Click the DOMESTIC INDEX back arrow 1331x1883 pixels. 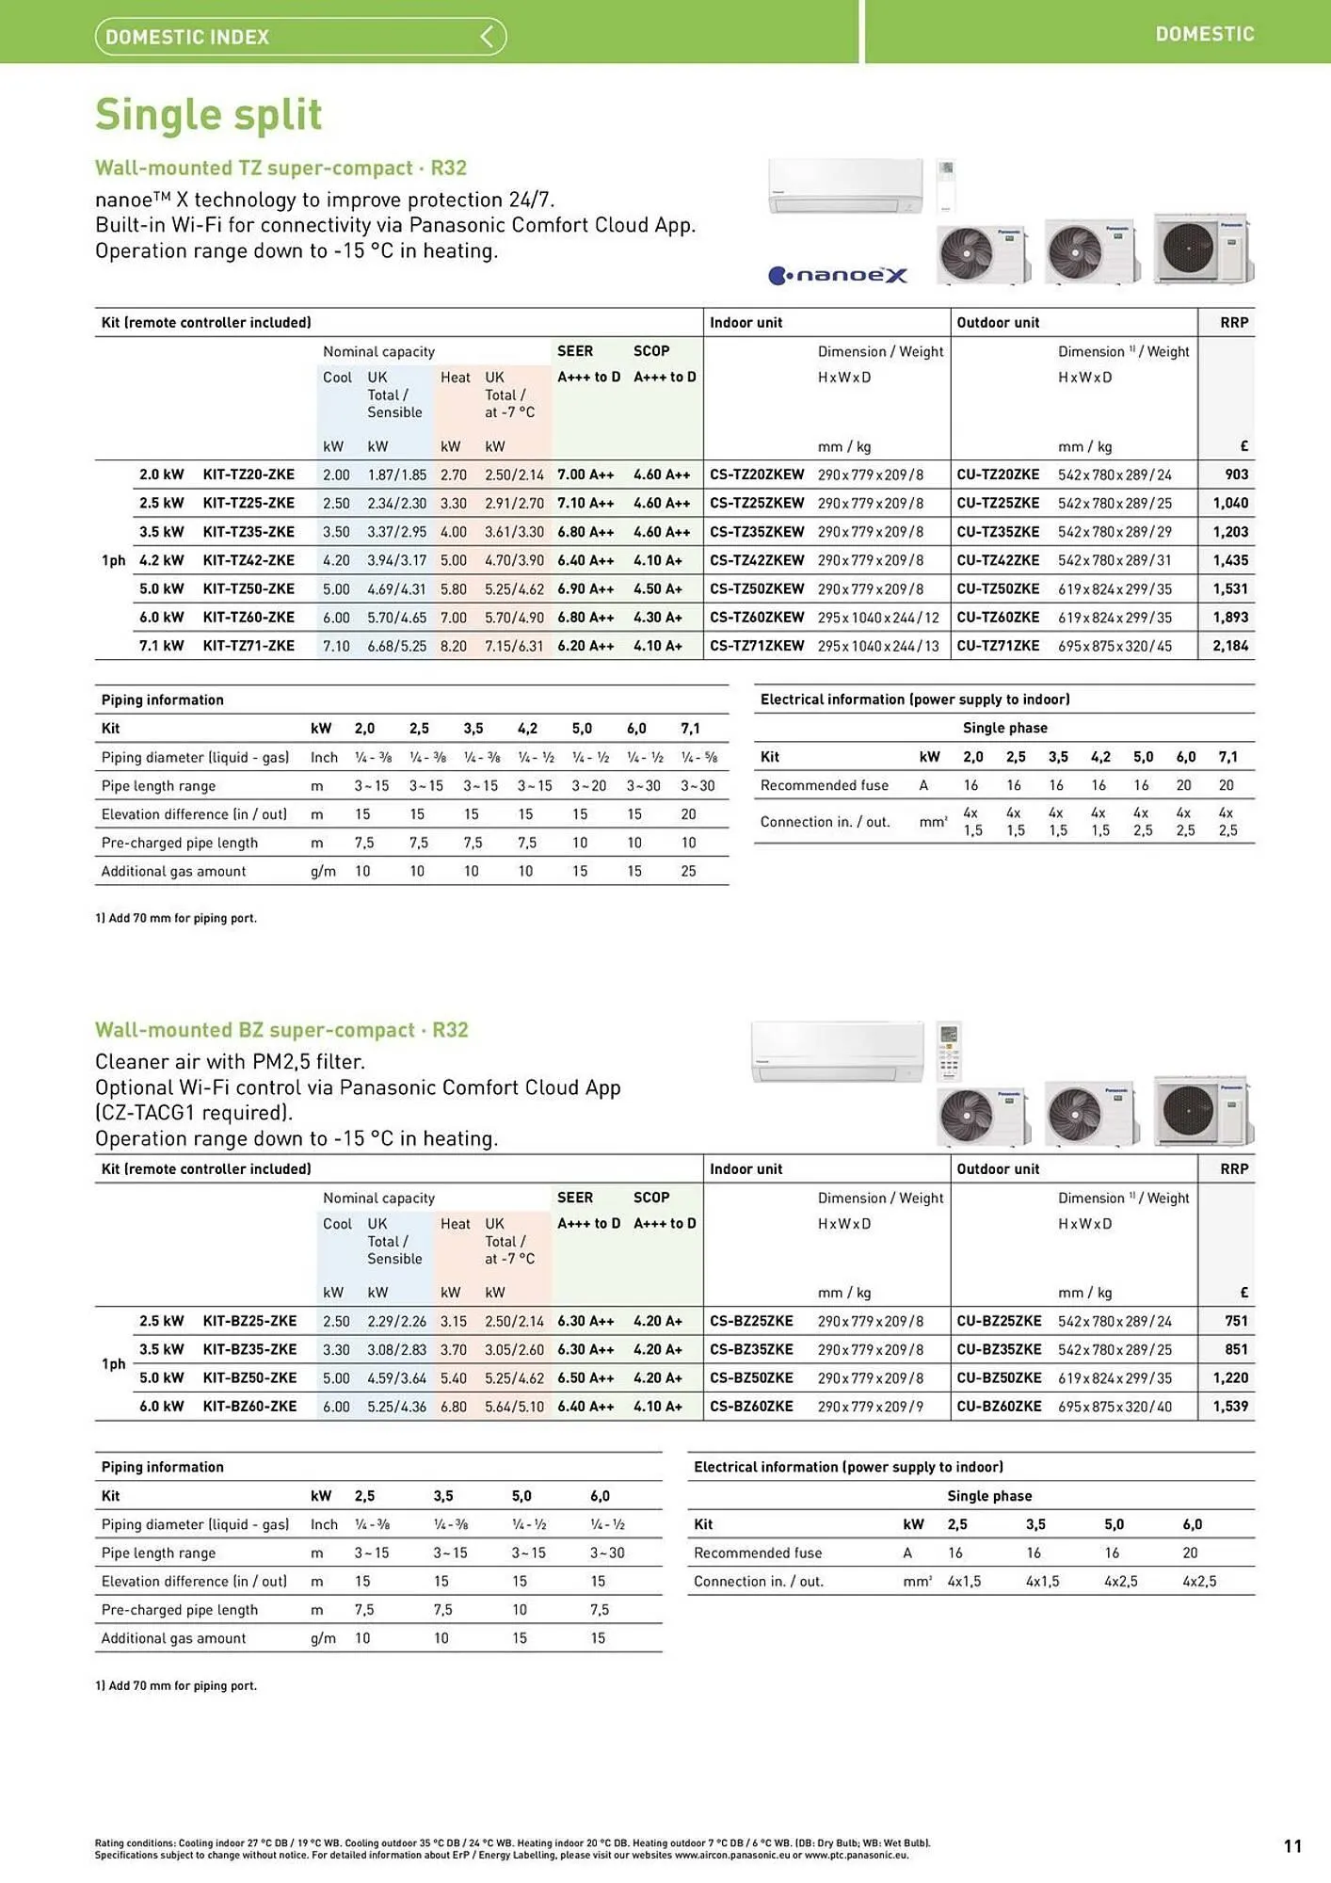tap(487, 37)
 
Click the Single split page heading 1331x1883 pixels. tap(208, 115)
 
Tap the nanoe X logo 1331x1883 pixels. tap(838, 275)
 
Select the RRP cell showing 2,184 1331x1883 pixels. tap(1229, 646)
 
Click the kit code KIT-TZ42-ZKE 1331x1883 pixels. tap(249, 560)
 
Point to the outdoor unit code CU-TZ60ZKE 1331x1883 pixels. tap(998, 618)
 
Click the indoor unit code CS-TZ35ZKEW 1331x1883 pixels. tap(757, 532)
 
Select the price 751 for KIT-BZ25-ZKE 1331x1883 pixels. tap(1236, 1321)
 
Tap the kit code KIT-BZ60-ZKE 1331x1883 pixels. tap(249, 1406)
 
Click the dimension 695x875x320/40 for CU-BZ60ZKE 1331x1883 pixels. tap(1115, 1406)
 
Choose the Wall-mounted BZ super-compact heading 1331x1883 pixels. tap(281, 1030)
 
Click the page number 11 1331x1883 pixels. tap(1292, 1846)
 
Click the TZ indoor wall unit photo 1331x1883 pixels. tap(845, 185)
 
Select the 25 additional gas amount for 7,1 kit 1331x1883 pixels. tap(688, 872)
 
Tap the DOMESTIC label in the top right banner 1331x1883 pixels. tap(1204, 34)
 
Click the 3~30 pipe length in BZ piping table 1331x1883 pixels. tap(607, 1553)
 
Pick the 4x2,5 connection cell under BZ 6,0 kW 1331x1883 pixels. tap(1199, 1582)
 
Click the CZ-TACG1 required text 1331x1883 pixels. tap(194, 1113)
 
